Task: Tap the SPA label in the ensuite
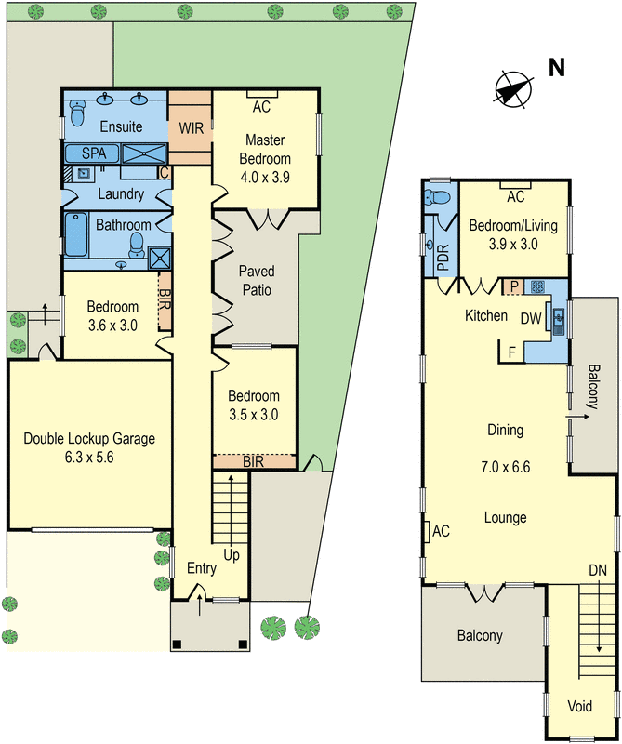[94, 153]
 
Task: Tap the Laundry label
[120, 194]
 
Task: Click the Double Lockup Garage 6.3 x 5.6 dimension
[89, 457]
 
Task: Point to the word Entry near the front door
[202, 568]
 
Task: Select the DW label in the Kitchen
[531, 319]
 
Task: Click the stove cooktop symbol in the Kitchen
[536, 286]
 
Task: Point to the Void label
[579, 706]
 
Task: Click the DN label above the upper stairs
[596, 569]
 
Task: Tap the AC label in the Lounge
[442, 531]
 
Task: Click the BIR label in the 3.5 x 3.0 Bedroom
[254, 460]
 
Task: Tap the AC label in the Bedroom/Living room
[515, 197]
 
